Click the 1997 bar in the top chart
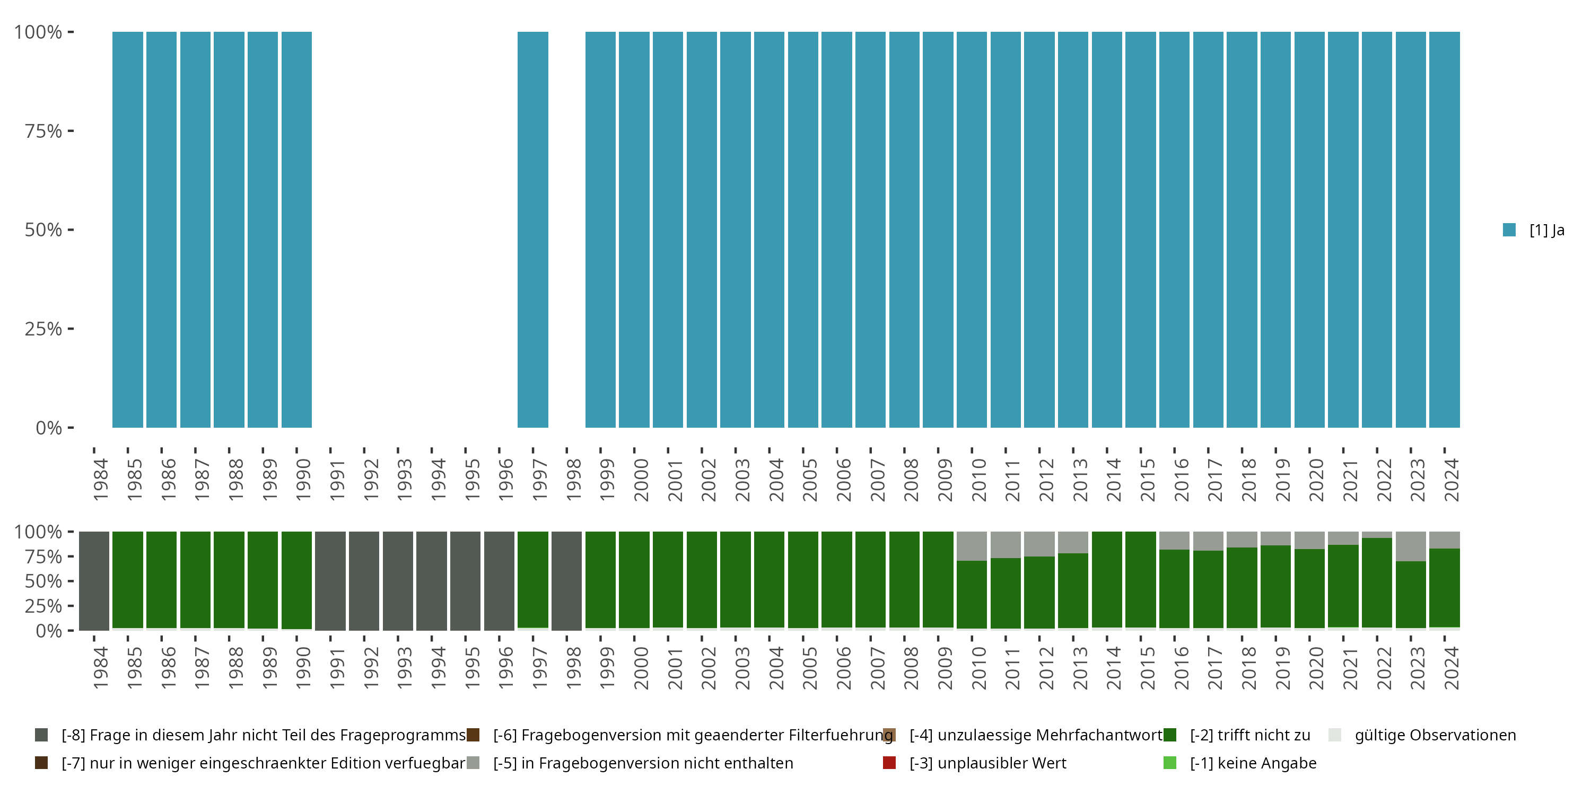[532, 229]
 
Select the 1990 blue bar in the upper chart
[296, 229]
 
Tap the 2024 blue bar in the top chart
[1444, 229]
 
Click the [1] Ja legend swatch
[1509, 229]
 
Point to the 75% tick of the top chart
[71, 131]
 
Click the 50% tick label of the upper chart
[43, 230]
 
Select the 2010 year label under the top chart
[978, 480]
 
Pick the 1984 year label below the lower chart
[100, 667]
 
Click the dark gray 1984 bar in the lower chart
[94, 581]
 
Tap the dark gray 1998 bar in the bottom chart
[566, 581]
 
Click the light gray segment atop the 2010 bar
[972, 546]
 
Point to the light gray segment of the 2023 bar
[1411, 546]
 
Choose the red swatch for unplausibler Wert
[889, 763]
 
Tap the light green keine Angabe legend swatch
[1170, 763]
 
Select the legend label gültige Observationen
[1435, 735]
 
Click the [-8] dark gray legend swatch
[41, 735]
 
